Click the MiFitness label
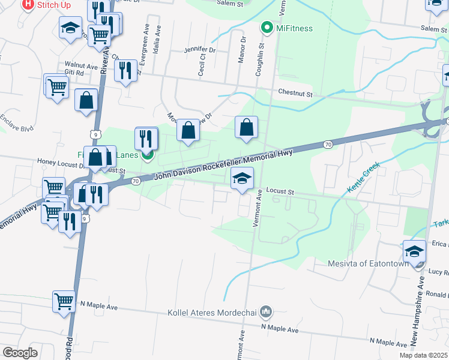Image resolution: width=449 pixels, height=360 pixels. point(294,28)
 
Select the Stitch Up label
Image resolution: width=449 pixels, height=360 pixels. point(53,5)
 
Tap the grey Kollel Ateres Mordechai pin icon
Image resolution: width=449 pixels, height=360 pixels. point(268,312)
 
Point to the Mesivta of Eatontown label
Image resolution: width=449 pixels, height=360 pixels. point(367,263)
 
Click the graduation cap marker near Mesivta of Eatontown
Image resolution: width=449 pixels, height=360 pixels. point(414,252)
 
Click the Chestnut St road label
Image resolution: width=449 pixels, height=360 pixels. point(296,94)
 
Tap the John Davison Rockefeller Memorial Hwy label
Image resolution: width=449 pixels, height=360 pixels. point(223,163)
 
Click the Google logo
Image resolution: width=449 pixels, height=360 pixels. point(20,353)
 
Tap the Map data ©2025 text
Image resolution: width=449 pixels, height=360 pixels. point(423,355)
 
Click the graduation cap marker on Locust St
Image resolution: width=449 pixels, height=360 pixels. point(243,178)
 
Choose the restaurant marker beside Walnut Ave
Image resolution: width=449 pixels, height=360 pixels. point(125,71)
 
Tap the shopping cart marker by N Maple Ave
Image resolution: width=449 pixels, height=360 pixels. point(64,301)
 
